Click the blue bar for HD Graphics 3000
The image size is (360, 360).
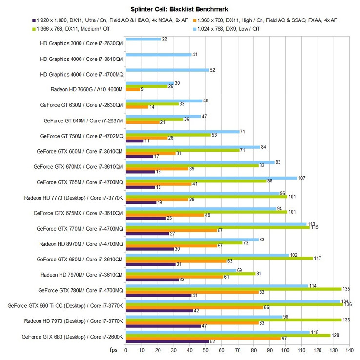pos(143,39)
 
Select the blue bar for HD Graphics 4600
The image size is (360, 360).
pos(167,70)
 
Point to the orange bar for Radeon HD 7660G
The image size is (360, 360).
pos(133,89)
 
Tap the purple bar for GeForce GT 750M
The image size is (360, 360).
pos(134,141)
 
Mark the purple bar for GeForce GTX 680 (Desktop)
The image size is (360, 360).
pos(167,341)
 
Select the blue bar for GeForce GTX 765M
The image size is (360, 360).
pos(211,178)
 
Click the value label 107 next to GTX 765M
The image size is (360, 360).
pos(301,178)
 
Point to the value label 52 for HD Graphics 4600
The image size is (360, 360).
pos(213,70)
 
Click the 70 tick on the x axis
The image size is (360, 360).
pos(237,350)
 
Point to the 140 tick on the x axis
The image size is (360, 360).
pos(348,350)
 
